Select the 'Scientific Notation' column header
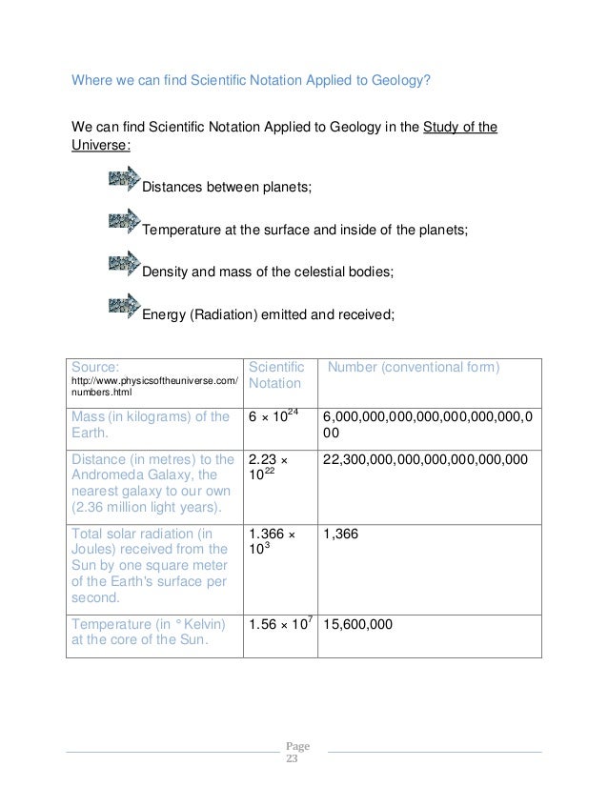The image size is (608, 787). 275,375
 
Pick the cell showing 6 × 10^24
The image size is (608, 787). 280,418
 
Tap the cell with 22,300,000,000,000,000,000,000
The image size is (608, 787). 425,459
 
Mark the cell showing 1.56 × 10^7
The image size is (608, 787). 281,625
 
